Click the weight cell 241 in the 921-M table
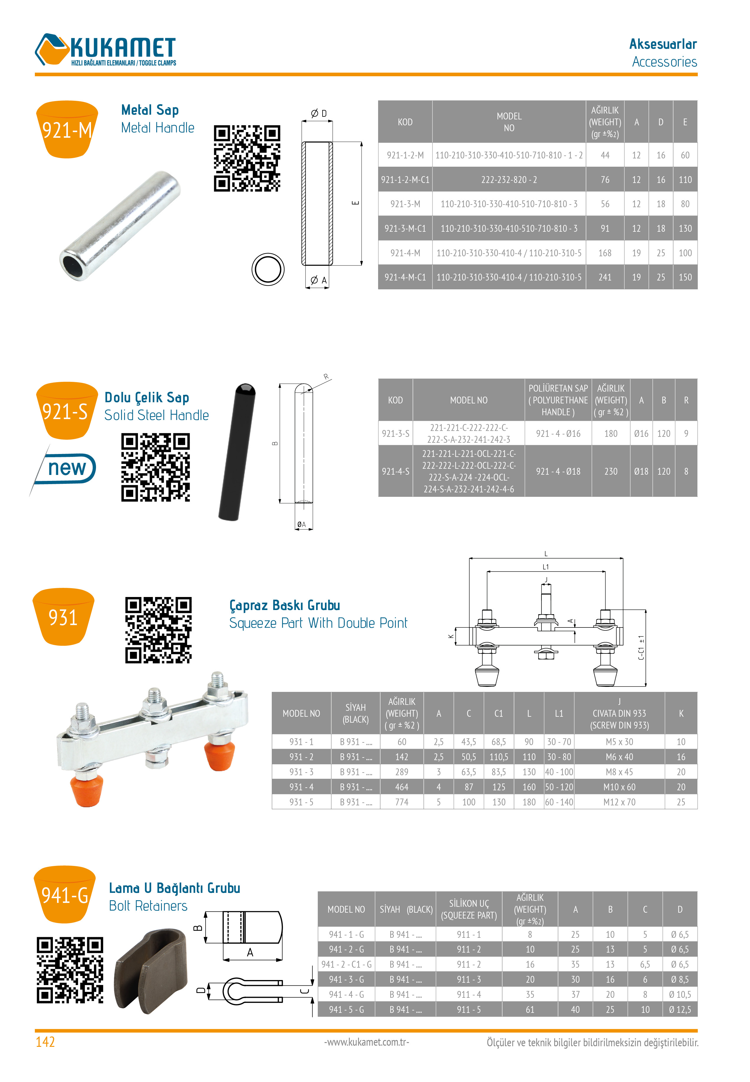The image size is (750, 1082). pyautogui.click(x=604, y=277)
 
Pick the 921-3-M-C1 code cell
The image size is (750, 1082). pyautogui.click(x=405, y=228)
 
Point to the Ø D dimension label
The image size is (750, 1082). pyautogui.click(x=318, y=113)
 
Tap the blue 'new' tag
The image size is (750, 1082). pyautogui.click(x=67, y=468)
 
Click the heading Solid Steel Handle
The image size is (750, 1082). pyautogui.click(x=157, y=415)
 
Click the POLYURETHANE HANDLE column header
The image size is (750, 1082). pyautogui.click(x=558, y=400)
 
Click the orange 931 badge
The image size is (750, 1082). pyautogui.click(x=64, y=617)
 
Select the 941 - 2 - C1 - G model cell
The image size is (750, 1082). pyautogui.click(x=346, y=964)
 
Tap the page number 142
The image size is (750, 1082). pyautogui.click(x=45, y=1042)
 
